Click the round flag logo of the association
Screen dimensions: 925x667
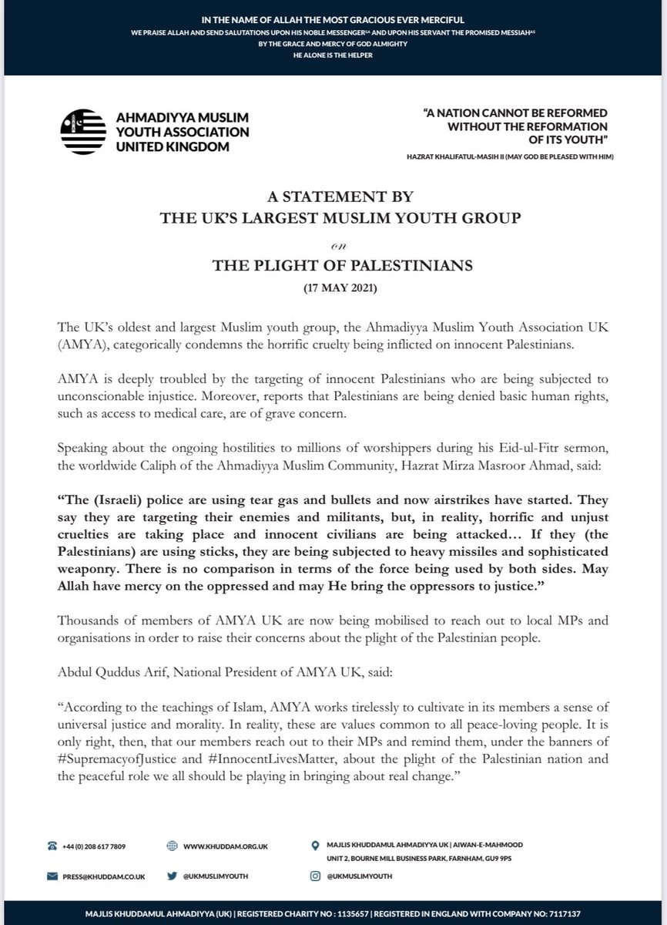pyautogui.click(x=83, y=131)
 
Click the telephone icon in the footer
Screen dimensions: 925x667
pyautogui.click(x=52, y=846)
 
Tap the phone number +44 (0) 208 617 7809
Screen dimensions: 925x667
pyautogui.click(x=96, y=846)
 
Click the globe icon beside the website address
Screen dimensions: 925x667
pyautogui.click(x=173, y=846)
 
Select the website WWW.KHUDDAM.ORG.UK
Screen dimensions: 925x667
pyautogui.click(x=225, y=846)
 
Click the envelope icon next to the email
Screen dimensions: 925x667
pyautogui.click(x=52, y=876)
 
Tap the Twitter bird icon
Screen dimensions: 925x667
pyautogui.click(x=173, y=876)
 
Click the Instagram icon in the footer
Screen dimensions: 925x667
pyautogui.click(x=316, y=876)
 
